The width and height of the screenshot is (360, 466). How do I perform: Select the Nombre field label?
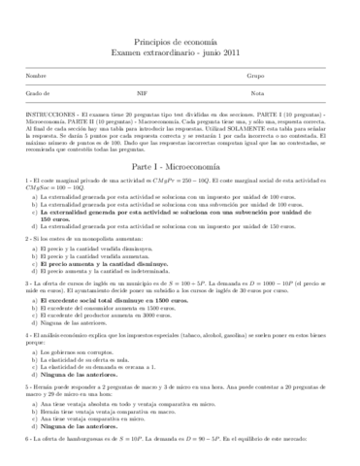click(x=37, y=75)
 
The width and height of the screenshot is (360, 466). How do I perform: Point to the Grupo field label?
click(x=256, y=75)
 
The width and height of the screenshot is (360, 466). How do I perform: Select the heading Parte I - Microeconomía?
click(x=180, y=167)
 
